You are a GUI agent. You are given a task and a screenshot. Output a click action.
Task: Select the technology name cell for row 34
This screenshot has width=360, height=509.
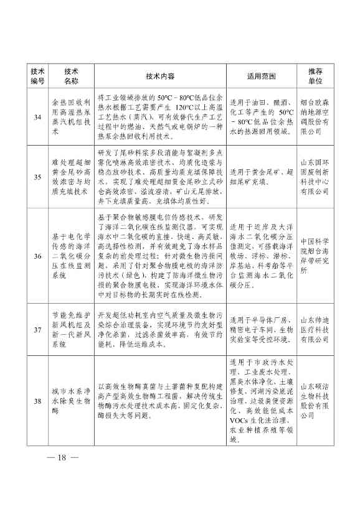click(70, 116)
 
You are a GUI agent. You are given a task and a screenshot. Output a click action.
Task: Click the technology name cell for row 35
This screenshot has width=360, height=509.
click(70, 177)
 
